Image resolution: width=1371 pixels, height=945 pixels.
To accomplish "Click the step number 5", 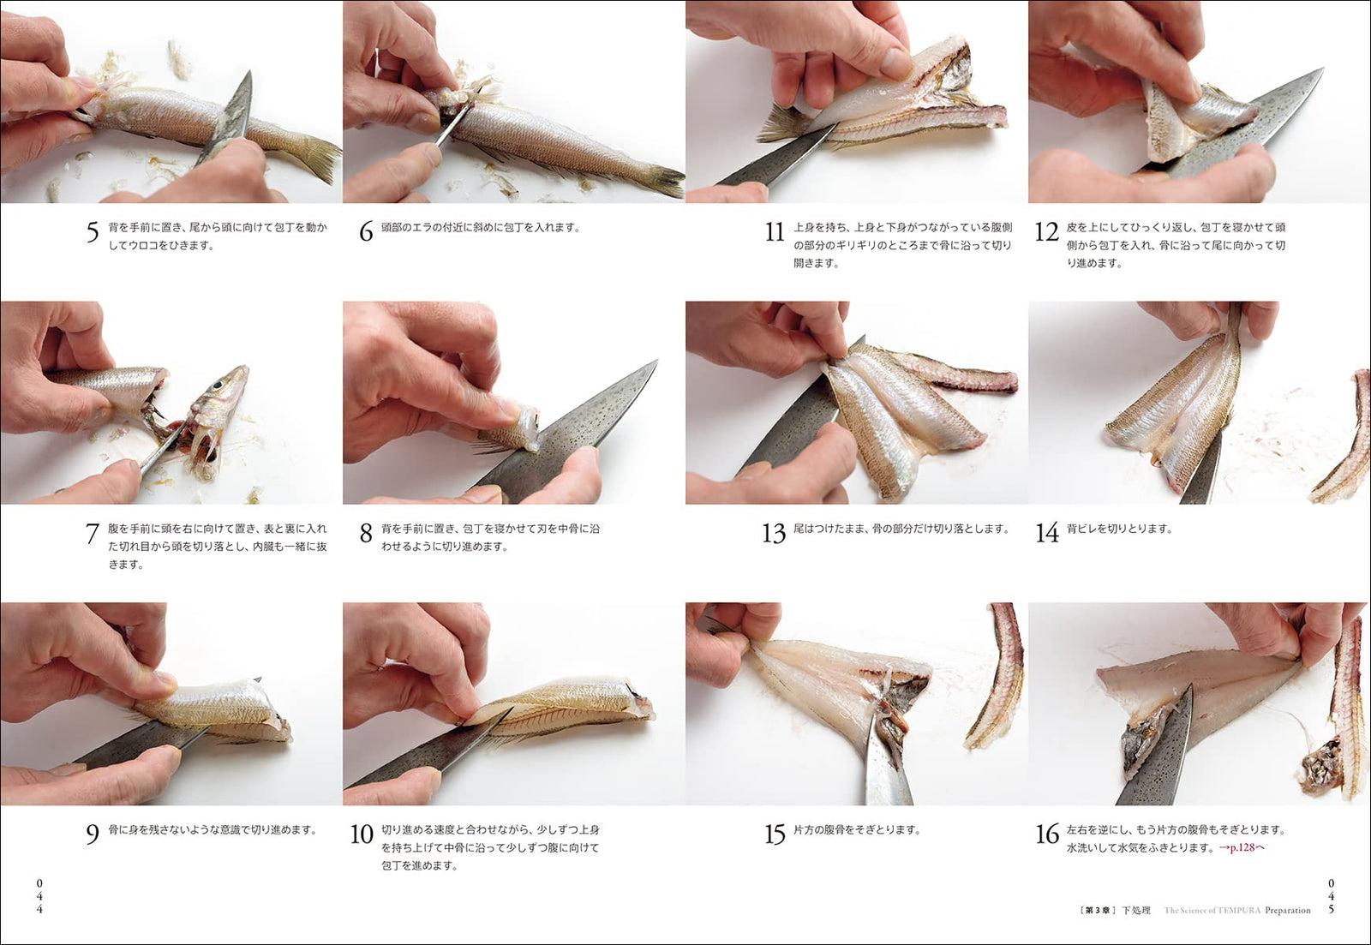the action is click(93, 232).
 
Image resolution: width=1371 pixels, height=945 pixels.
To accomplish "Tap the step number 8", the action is click(366, 534).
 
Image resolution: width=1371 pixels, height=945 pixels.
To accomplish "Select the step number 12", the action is click(1046, 232).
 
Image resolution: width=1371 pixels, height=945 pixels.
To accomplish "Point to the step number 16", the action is click(1047, 834).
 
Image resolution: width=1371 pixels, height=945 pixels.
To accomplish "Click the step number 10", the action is click(362, 834).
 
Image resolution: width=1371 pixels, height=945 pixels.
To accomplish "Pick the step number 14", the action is click(1047, 534).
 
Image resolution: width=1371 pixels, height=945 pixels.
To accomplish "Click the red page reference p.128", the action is click(1242, 847).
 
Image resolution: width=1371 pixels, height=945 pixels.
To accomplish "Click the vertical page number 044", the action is click(39, 896).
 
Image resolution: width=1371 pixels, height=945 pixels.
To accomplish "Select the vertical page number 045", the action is click(1332, 896).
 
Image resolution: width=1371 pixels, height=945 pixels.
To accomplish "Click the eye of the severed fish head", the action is click(218, 386).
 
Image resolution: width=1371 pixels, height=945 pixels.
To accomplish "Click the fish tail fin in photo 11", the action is click(781, 123).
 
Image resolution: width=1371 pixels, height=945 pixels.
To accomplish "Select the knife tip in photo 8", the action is click(656, 362).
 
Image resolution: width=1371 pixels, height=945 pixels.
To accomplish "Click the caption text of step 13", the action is click(901, 529).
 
